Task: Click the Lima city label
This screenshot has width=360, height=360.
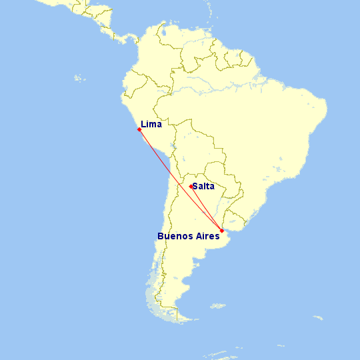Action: click(151, 124)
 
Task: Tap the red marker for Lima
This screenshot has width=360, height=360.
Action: click(139, 129)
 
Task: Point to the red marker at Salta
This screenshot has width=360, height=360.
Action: click(191, 187)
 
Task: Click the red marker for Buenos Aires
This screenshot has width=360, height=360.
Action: click(221, 231)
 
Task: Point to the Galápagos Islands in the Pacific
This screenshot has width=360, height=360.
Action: click(80, 79)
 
